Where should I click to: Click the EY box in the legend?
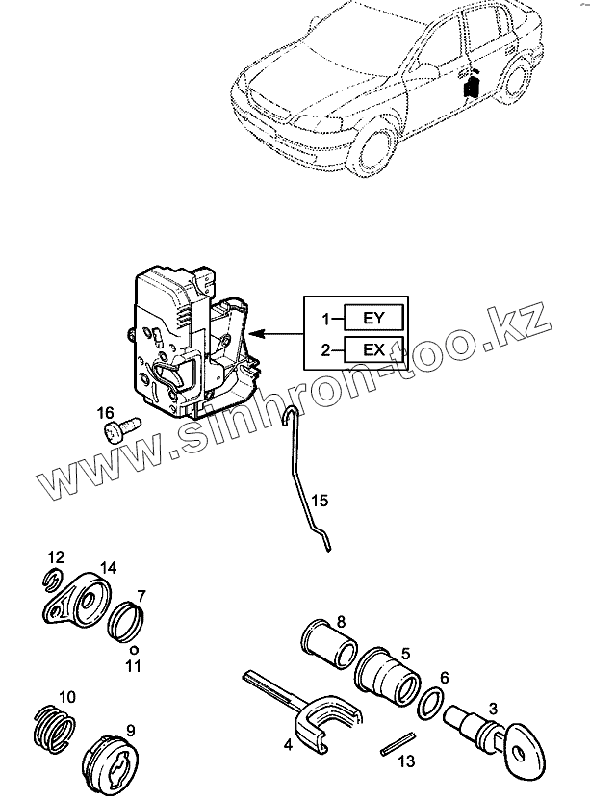(x=372, y=318)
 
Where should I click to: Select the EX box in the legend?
(x=372, y=349)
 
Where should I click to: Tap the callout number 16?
(x=105, y=413)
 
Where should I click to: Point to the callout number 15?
(x=319, y=501)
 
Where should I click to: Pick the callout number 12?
(x=56, y=556)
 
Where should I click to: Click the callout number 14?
(x=108, y=569)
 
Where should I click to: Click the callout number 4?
(x=288, y=743)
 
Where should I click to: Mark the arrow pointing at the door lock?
(x=278, y=334)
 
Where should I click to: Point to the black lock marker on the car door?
(x=471, y=87)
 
